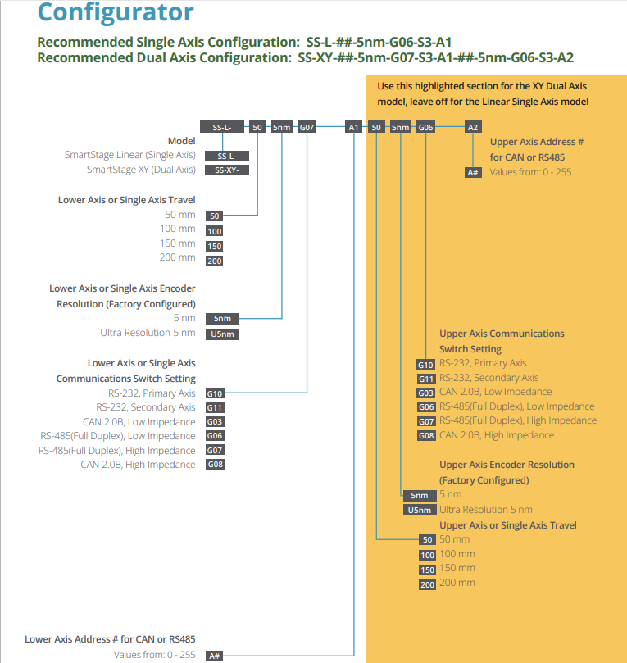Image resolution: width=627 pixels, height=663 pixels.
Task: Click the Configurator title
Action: [x=116, y=12]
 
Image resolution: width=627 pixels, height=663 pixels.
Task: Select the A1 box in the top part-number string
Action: [x=353, y=127]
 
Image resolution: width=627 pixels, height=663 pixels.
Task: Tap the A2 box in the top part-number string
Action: [x=473, y=127]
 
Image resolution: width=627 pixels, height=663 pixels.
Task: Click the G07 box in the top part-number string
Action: [x=307, y=127]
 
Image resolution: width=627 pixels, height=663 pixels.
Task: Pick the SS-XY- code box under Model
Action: [x=227, y=170]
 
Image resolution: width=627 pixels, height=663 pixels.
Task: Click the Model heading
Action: [x=181, y=141]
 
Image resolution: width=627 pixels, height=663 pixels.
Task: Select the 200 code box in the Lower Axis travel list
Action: [x=215, y=261]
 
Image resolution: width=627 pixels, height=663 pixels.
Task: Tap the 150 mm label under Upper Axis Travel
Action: [x=457, y=568]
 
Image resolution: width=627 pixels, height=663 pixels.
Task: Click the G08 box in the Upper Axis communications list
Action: [x=426, y=436]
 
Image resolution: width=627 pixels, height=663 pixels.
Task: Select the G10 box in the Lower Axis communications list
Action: [x=215, y=393]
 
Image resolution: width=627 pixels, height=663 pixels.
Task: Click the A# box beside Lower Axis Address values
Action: [x=215, y=656]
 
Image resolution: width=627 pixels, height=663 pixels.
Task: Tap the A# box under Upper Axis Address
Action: [x=473, y=172]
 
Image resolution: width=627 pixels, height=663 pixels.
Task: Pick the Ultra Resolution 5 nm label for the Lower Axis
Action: [x=148, y=333]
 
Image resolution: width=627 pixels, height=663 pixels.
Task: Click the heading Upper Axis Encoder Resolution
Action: [x=507, y=465]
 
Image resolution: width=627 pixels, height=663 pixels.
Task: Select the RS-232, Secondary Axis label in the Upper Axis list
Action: [x=488, y=378]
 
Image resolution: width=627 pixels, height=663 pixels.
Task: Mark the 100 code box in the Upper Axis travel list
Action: [x=427, y=555]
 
